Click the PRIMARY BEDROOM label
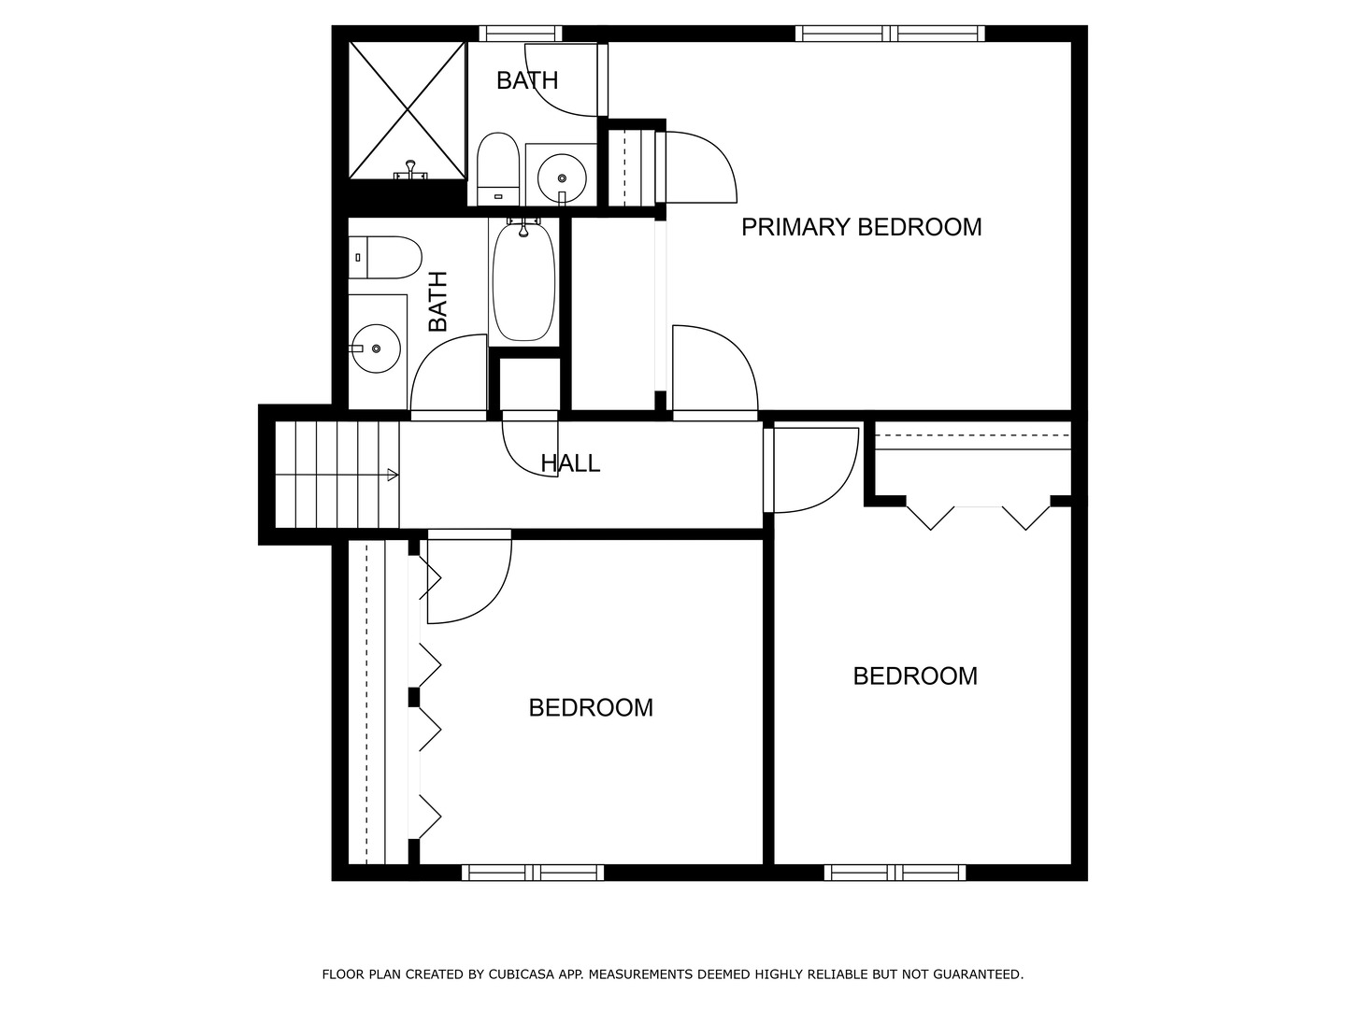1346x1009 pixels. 861,227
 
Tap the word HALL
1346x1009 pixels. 570,463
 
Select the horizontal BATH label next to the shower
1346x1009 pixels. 527,81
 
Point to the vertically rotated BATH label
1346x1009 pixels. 437,302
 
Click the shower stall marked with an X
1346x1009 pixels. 407,109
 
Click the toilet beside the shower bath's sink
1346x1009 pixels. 497,168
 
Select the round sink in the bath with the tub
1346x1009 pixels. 376,348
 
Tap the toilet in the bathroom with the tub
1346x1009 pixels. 385,257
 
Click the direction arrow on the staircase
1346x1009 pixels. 393,475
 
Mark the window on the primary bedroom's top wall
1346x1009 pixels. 890,34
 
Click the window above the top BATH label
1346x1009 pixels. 521,34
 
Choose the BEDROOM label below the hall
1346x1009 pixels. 591,708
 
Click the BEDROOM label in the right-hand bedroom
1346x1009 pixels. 915,676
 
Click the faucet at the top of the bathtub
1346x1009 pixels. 523,225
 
